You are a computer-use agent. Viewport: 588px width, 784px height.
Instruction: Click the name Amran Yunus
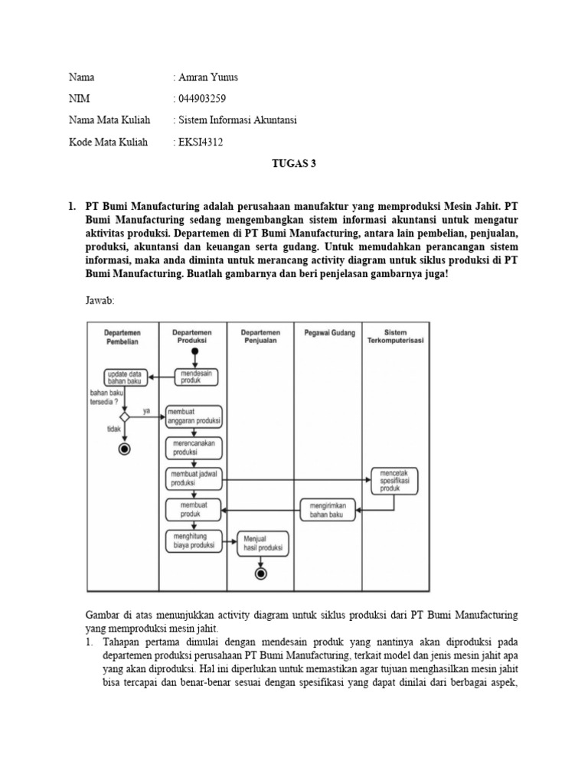(x=208, y=77)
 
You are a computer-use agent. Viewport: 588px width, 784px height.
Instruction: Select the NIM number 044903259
(x=202, y=99)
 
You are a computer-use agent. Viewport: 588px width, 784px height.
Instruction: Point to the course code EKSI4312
(x=201, y=142)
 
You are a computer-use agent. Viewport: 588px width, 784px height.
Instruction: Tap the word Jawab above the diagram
(x=100, y=301)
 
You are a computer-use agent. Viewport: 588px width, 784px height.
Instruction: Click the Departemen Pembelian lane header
(x=122, y=337)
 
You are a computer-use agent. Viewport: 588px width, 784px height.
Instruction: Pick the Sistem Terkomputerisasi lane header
(x=395, y=337)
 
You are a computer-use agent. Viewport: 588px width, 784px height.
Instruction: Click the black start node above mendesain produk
(x=195, y=351)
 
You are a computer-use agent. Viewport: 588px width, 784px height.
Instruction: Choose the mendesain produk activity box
(x=198, y=376)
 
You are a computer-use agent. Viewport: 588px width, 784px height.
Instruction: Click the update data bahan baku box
(x=126, y=376)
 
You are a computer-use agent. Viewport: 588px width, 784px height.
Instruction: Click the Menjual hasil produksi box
(x=262, y=543)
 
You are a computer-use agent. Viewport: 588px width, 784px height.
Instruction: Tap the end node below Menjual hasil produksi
(x=262, y=573)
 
